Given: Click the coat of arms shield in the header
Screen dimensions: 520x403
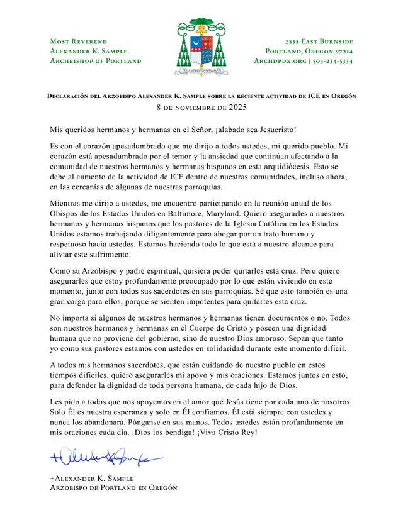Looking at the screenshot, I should [x=201, y=50].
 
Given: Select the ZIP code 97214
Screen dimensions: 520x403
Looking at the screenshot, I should [x=340, y=51].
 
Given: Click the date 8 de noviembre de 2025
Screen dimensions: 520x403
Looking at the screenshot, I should [x=201, y=108].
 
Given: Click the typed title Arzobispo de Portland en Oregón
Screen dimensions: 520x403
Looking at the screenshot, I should [x=113, y=488].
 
